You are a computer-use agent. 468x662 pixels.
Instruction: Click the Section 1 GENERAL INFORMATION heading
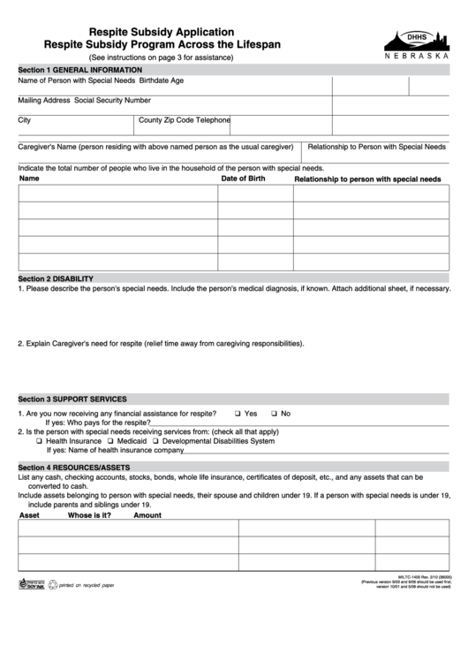80,70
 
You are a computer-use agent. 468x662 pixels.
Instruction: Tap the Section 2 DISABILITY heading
56,279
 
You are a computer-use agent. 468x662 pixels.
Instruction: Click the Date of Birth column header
243,179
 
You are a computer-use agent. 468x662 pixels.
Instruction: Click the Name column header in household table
29,179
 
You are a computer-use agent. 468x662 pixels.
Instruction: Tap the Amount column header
147,515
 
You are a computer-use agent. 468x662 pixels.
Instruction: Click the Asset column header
29,515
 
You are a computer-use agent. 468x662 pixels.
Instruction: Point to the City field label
25,120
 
